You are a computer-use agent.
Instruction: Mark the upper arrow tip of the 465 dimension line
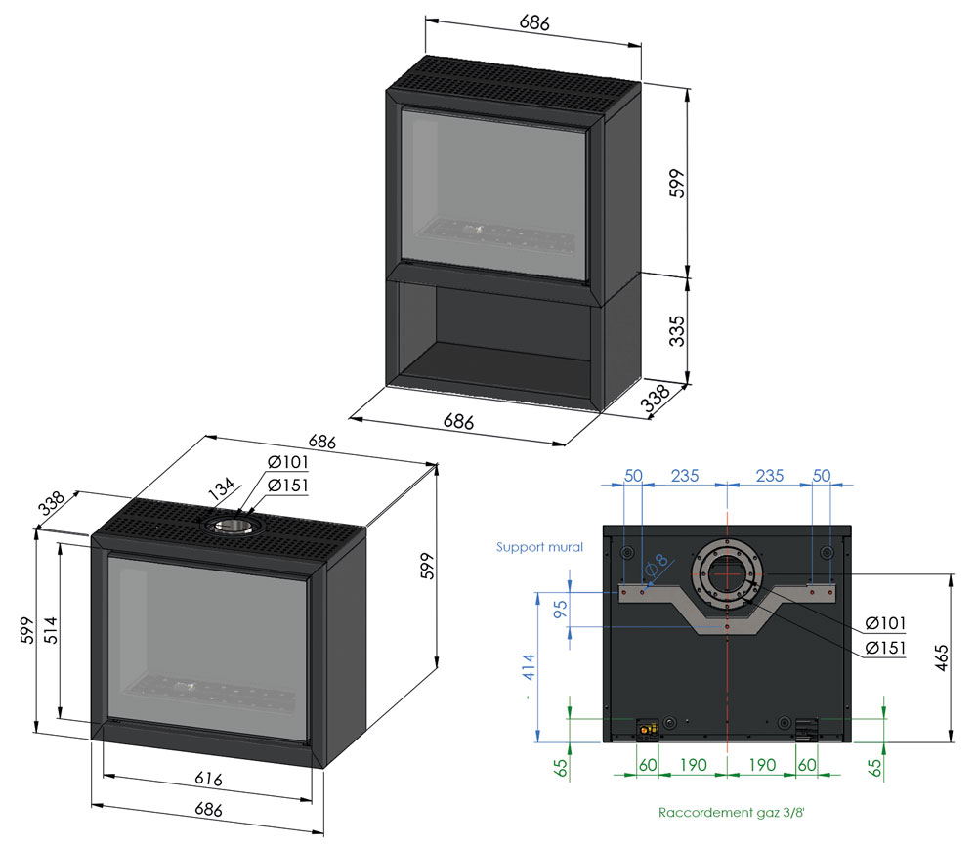pos(951,573)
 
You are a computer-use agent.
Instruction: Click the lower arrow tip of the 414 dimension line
pos(537,742)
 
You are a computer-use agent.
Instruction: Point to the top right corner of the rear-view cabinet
pos(851,526)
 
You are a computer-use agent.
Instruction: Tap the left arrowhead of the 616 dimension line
pos(104,775)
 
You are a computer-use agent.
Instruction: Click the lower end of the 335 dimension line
pos(688,384)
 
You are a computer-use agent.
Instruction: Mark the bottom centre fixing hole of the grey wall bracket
pos(727,626)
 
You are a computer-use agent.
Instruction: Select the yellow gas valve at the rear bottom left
pos(646,728)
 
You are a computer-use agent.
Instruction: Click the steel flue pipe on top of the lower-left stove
pos(230,527)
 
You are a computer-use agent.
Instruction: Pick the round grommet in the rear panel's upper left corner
pos(627,553)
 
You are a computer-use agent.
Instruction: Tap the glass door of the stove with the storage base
pos(493,196)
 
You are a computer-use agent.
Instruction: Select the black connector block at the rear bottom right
pos(806,730)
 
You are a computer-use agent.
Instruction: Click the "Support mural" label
pos(539,547)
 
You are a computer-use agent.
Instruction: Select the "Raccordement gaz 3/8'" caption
pos(732,813)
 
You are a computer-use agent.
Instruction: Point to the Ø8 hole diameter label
pos(658,565)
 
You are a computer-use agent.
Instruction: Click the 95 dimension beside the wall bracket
pos(561,608)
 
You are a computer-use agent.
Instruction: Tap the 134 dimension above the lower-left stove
pos(222,489)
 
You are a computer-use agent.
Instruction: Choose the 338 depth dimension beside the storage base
pos(656,398)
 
